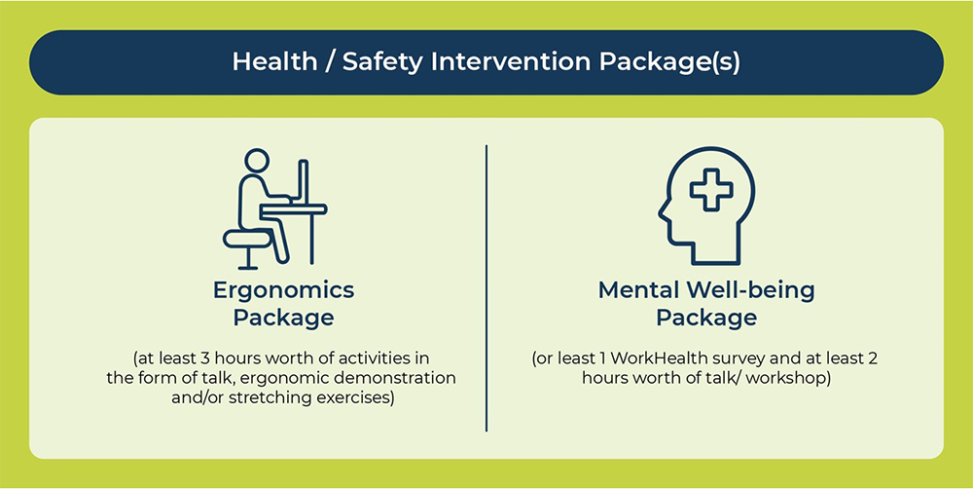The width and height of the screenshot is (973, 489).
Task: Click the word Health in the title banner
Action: pyautogui.click(x=274, y=61)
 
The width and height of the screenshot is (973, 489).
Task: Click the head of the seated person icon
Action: pyautogui.click(x=257, y=161)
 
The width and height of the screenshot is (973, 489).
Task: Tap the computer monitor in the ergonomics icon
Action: pyautogui.click(x=304, y=182)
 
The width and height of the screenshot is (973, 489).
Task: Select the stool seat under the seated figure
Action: pyautogui.click(x=247, y=238)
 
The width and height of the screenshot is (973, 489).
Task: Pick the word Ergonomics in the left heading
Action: pyautogui.click(x=283, y=291)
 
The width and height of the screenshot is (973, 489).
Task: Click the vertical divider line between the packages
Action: pyautogui.click(x=486, y=288)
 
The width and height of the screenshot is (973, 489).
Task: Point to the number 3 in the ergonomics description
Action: pyautogui.click(x=206, y=359)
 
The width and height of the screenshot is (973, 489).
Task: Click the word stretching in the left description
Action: pyautogui.click(x=270, y=397)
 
